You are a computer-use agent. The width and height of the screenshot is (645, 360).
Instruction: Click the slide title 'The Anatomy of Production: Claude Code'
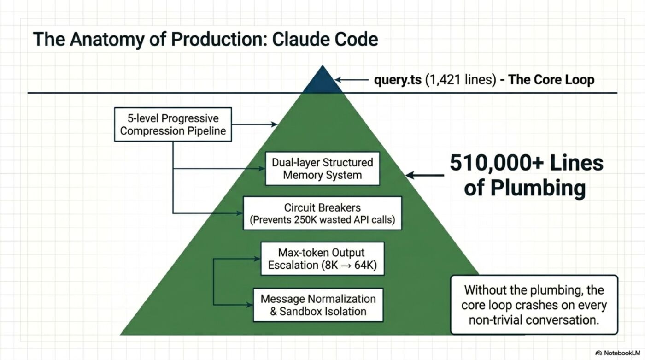pyautogui.click(x=205, y=39)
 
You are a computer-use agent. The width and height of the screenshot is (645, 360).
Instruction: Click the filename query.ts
pyautogui.click(x=398, y=80)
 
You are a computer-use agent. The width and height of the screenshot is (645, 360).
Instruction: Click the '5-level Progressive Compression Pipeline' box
pyautogui.click(x=173, y=124)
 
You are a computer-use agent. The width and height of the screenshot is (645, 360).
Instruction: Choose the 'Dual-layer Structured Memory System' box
pyautogui.click(x=322, y=169)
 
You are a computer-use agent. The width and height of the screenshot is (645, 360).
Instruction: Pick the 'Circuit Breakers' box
pyautogui.click(x=322, y=213)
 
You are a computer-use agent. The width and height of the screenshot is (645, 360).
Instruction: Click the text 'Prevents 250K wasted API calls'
pyautogui.click(x=322, y=220)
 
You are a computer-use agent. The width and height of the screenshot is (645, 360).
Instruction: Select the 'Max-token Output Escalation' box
pyautogui.click(x=322, y=259)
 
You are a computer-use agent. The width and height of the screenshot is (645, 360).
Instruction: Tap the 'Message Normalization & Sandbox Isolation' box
pyautogui.click(x=318, y=305)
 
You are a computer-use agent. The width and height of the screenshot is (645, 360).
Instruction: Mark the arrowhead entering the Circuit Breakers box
pyautogui.click(x=240, y=213)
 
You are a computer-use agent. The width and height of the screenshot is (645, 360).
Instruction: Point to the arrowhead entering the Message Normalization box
pyautogui.click(x=250, y=305)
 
